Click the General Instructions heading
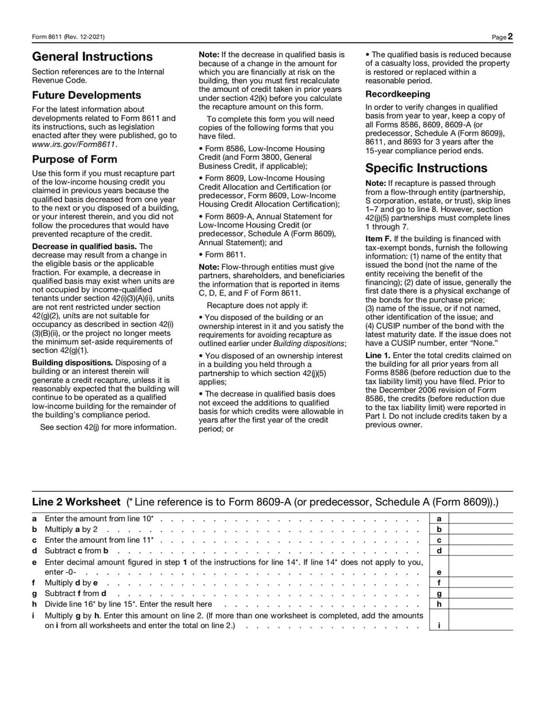click(93, 57)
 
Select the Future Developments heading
click(87, 95)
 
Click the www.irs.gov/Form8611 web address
click(74, 144)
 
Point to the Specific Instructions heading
click(426, 168)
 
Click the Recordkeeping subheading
click(398, 94)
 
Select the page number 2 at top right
click(510, 36)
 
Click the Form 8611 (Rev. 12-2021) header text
click(69, 37)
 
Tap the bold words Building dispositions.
click(74, 362)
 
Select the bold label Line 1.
click(378, 355)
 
